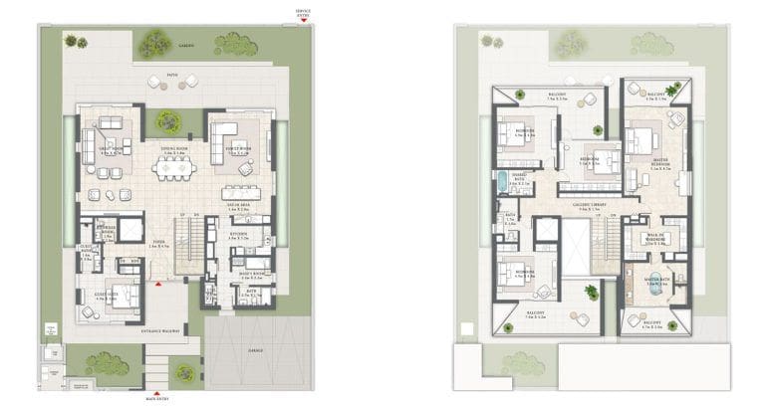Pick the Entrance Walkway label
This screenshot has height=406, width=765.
(x=163, y=329)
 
